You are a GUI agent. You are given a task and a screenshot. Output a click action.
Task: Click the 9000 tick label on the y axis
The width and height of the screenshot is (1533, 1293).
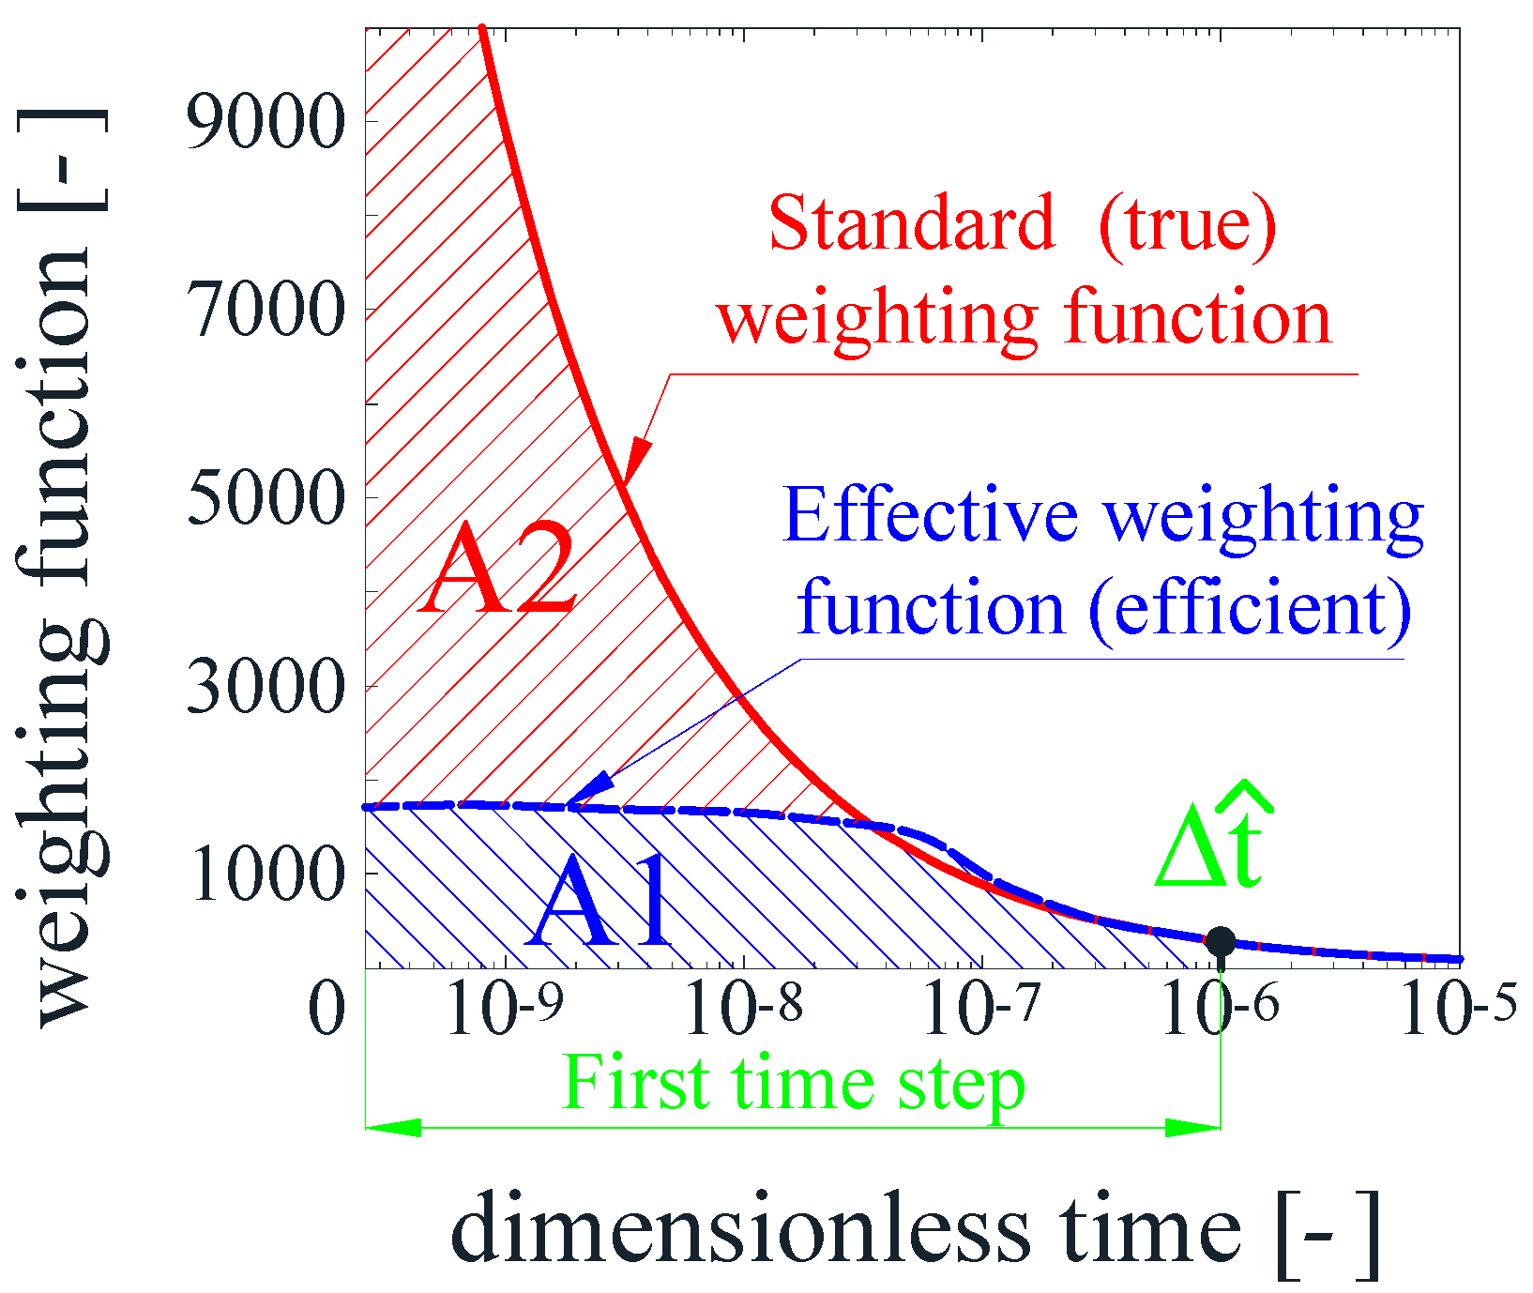coord(266,122)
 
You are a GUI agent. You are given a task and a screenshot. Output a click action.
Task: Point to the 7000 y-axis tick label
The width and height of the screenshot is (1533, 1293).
coord(266,311)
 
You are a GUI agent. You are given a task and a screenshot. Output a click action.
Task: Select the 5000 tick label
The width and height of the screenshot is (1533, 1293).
coord(266,497)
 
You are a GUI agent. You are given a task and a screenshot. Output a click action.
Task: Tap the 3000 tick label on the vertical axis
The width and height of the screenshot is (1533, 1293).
coord(266,686)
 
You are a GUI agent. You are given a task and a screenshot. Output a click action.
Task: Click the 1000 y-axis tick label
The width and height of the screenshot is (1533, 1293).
coord(266,874)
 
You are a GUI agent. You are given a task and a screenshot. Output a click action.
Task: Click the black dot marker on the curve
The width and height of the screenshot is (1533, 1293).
coord(1220,940)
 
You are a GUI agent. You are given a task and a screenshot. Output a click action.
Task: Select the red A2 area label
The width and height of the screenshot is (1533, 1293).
coord(498,570)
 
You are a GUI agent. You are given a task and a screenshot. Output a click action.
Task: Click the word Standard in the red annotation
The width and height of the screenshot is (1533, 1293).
coord(911,224)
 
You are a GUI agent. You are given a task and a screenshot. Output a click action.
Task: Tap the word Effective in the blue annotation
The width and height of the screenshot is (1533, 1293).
coord(930,515)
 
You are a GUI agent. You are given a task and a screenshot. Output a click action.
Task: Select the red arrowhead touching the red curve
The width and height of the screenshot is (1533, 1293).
coord(635,461)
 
